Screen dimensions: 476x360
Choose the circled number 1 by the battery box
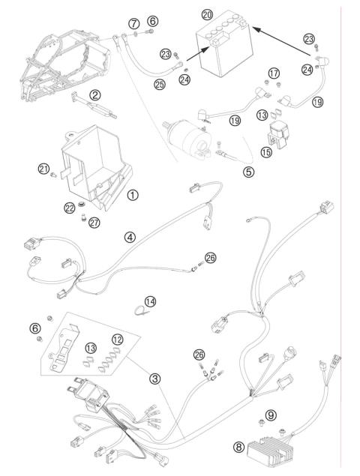[132, 194]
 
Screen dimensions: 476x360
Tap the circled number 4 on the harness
[130, 237]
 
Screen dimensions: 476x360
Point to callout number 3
[154, 379]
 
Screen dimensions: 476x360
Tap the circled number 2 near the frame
[95, 94]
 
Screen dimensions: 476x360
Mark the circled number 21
[43, 169]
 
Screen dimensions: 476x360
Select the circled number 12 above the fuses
[117, 340]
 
